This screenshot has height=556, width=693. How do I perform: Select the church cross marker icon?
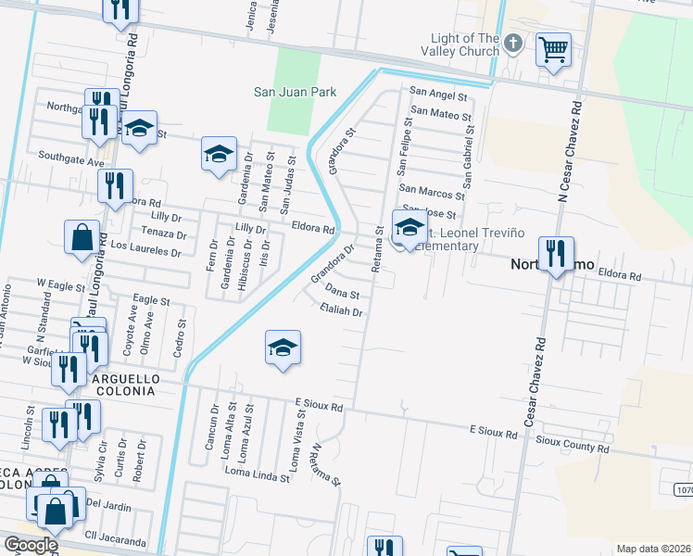(515, 44)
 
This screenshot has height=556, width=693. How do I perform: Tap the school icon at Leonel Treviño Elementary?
(409, 226)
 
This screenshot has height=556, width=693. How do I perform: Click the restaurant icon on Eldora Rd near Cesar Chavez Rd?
(556, 253)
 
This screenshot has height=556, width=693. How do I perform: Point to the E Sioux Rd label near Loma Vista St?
(318, 405)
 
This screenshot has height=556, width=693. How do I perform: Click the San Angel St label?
(440, 94)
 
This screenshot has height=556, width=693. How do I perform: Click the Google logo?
(31, 545)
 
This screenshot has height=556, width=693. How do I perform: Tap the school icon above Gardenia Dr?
(219, 153)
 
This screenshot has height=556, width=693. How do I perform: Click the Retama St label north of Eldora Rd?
(378, 249)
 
